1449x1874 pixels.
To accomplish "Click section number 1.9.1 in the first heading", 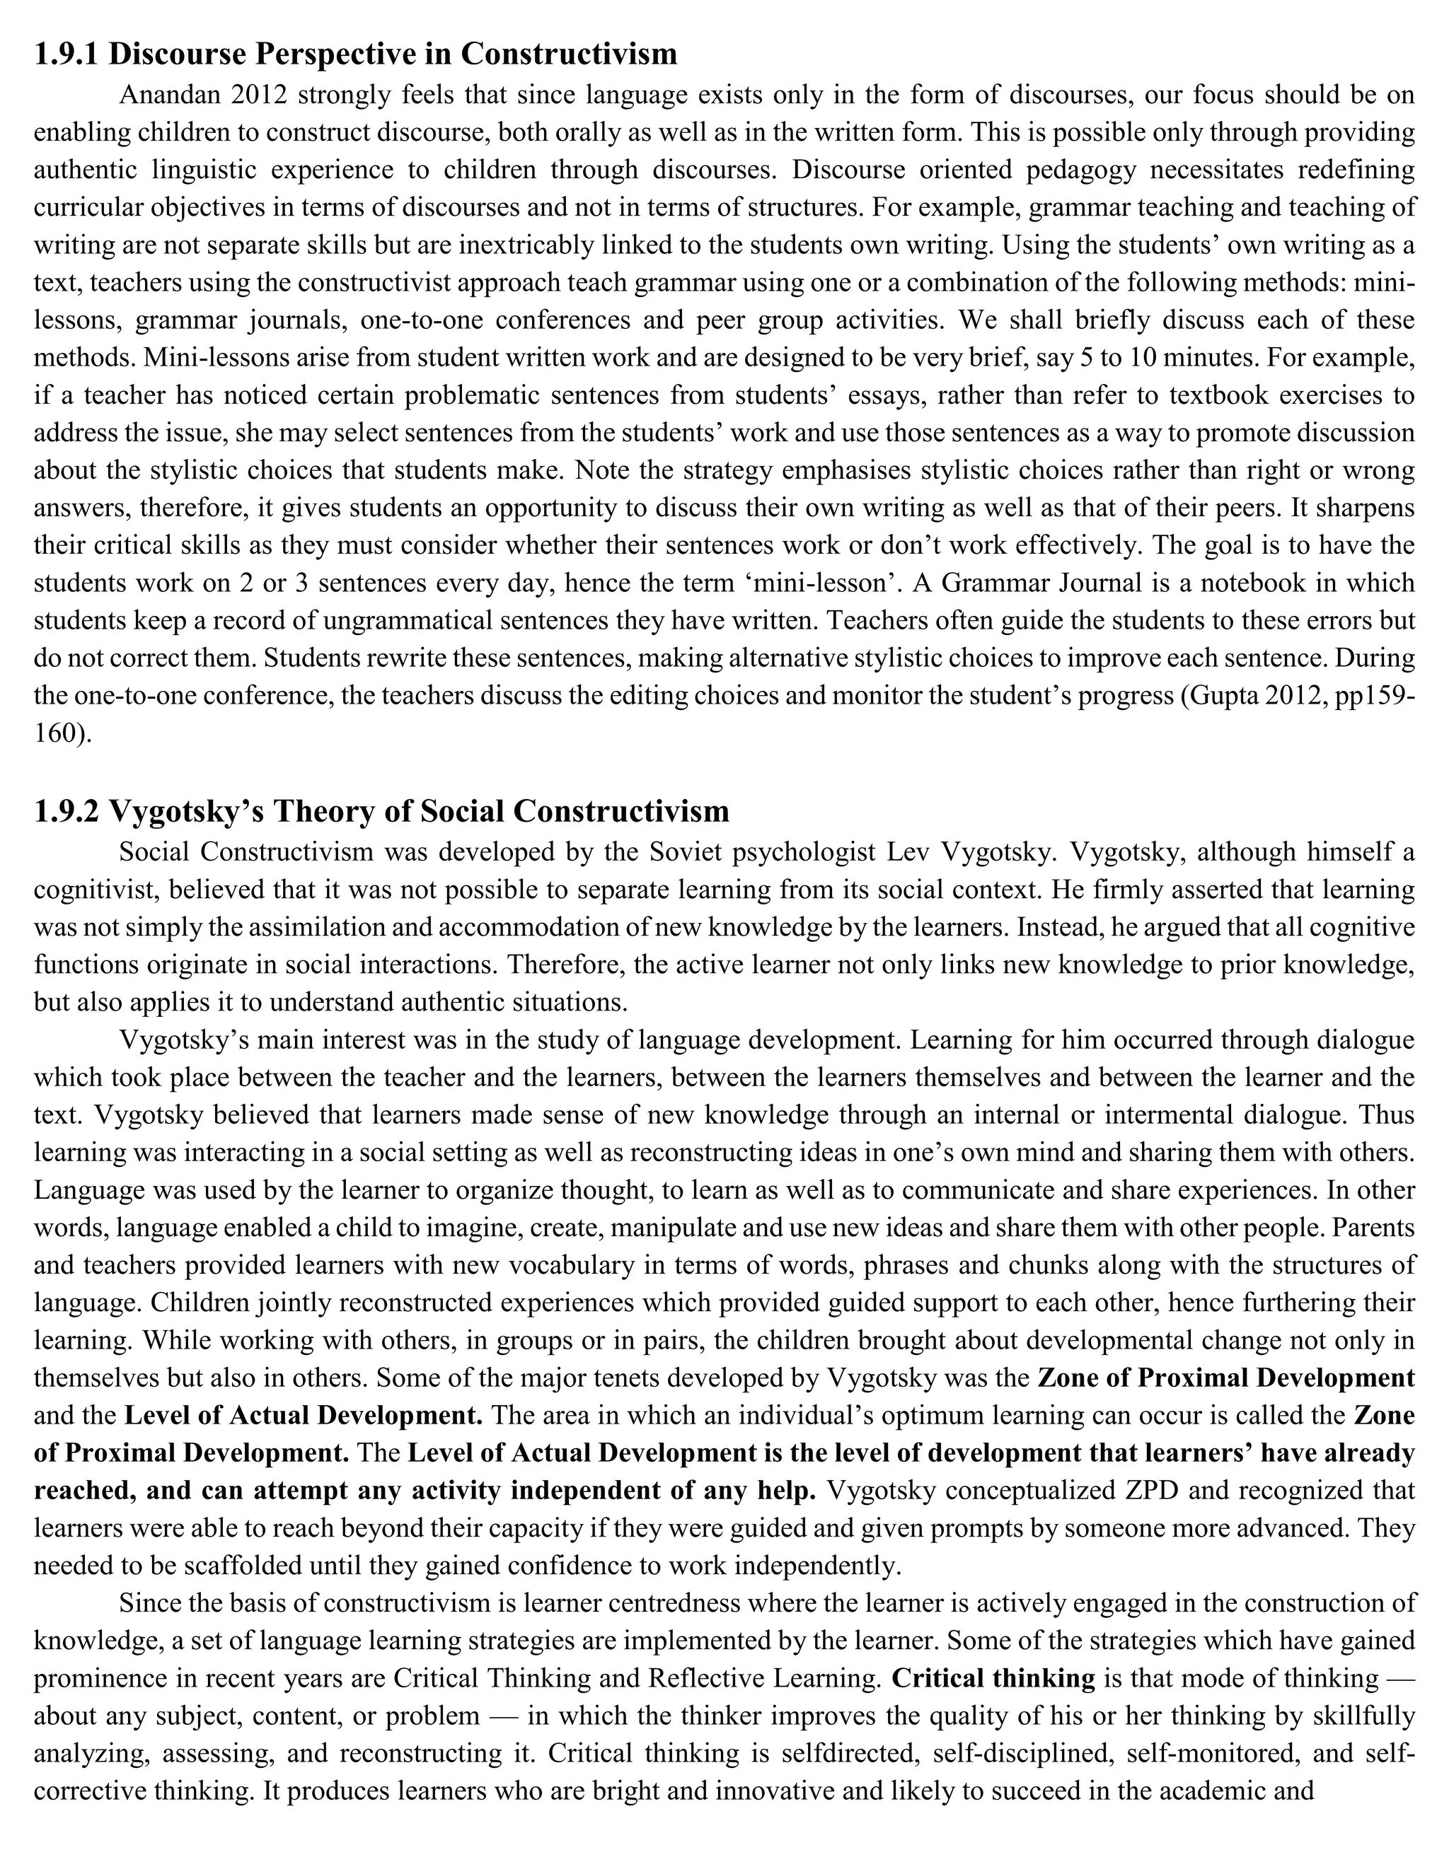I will (66, 54).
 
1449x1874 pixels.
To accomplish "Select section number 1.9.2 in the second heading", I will (66, 811).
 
